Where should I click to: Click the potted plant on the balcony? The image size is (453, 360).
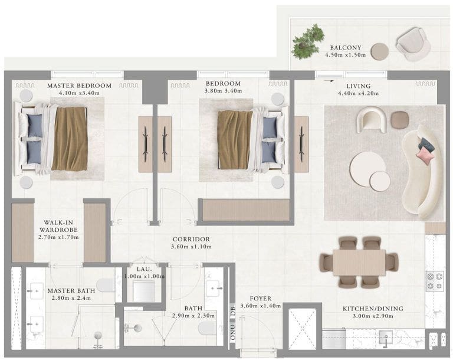tap(308, 42)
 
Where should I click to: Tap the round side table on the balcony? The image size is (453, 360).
tap(380, 51)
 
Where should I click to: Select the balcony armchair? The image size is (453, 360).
tap(413, 44)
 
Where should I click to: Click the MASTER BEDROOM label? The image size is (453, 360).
tap(79, 86)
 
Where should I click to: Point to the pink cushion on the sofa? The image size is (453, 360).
tap(425, 155)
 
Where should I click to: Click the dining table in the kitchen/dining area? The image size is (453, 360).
tap(359, 263)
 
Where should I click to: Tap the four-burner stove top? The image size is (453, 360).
tap(435, 281)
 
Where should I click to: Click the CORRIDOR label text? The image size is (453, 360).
tap(191, 240)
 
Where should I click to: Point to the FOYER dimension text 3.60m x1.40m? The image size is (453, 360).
tap(261, 306)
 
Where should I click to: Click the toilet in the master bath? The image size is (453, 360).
tap(106, 285)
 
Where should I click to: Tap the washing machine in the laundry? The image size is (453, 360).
tap(144, 291)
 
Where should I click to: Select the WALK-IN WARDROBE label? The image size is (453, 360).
tap(58, 226)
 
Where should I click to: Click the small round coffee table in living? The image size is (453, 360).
tap(380, 181)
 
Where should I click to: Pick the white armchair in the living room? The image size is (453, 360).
tap(372, 119)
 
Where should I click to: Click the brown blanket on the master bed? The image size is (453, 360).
tap(70, 139)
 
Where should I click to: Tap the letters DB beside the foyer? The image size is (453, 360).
tap(233, 312)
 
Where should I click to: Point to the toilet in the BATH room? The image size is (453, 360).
tap(208, 329)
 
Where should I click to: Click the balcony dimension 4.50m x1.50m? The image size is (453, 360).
tap(345, 55)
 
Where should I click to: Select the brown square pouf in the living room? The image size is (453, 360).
tap(400, 120)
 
